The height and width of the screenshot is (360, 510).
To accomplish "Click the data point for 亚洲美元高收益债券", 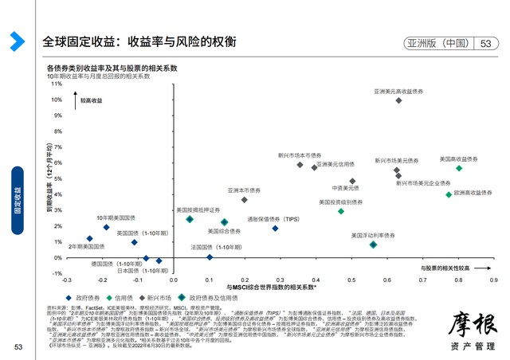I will (398, 100).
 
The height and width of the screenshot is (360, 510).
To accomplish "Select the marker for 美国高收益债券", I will (459, 168).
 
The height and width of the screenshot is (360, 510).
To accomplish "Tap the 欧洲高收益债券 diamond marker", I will (449, 194).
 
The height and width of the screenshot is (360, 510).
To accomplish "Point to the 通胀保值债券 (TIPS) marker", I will (275, 229).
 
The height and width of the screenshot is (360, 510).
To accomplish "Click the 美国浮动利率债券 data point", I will (373, 245).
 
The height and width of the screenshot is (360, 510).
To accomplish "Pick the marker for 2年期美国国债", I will (89, 238).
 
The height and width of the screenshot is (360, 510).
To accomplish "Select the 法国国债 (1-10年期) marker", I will (210, 257).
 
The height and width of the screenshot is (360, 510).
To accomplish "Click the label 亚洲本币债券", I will (244, 190).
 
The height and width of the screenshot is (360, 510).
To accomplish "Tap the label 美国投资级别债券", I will (340, 202).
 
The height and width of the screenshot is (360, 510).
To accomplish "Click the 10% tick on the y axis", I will (55, 100).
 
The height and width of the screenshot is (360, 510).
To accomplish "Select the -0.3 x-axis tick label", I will (67, 280).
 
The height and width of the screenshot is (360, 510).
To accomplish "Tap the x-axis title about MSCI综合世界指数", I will (272, 287).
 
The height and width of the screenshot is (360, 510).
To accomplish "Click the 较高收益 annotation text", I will (92, 101).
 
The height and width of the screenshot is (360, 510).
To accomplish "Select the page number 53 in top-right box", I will (484, 44).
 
